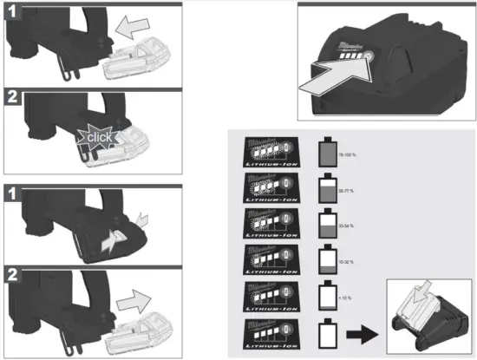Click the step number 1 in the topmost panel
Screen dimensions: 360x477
tap(13, 13)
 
